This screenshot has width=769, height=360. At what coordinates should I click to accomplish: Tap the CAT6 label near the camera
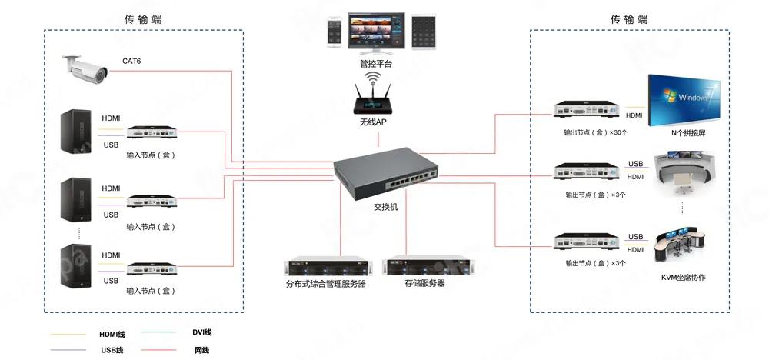pyautogui.click(x=131, y=61)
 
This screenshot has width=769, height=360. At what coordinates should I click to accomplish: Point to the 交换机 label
pyautogui.click(x=385, y=207)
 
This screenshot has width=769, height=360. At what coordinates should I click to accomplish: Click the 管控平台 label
pyautogui.click(x=375, y=64)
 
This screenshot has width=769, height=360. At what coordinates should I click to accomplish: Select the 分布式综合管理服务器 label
pyautogui.click(x=326, y=284)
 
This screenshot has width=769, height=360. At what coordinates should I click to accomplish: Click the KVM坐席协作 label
pyautogui.click(x=683, y=277)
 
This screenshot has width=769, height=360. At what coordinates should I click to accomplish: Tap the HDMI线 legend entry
pyautogui.click(x=112, y=334)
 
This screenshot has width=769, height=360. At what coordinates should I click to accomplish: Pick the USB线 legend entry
pyautogui.click(x=112, y=351)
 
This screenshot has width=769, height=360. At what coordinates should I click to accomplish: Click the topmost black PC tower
pyautogui.click(x=77, y=130)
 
